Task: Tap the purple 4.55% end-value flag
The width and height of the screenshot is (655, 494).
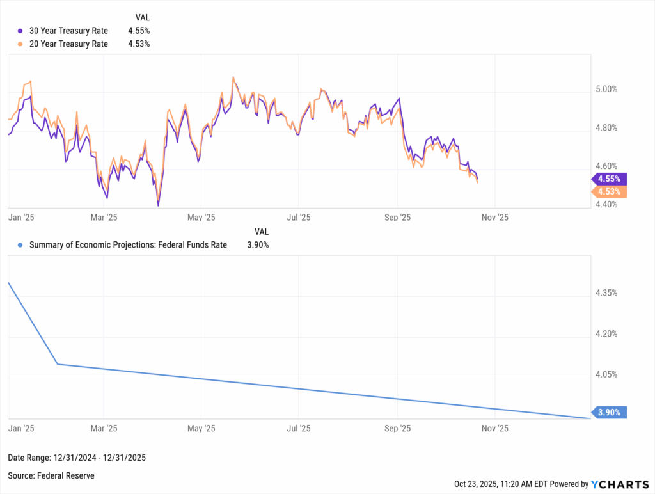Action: (x=610, y=179)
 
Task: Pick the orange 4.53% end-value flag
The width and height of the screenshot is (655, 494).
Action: (x=610, y=192)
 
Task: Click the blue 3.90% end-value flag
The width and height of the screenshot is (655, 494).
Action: (x=610, y=413)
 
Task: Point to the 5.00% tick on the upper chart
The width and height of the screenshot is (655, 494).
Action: (x=606, y=90)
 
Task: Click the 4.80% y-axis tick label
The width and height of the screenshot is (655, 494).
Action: (x=606, y=128)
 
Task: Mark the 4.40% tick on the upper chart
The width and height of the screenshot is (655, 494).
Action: (x=606, y=205)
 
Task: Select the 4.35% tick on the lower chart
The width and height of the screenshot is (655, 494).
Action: (x=606, y=293)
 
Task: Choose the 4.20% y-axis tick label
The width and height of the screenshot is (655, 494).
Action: (x=606, y=334)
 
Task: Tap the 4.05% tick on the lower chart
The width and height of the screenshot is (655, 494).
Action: (x=606, y=374)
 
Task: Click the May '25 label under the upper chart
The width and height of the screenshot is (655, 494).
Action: (x=201, y=218)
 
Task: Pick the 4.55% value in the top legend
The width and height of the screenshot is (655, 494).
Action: (x=139, y=31)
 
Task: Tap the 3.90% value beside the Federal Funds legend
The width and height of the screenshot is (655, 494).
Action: (x=258, y=244)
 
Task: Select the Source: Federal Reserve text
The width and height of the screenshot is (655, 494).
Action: (x=51, y=475)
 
